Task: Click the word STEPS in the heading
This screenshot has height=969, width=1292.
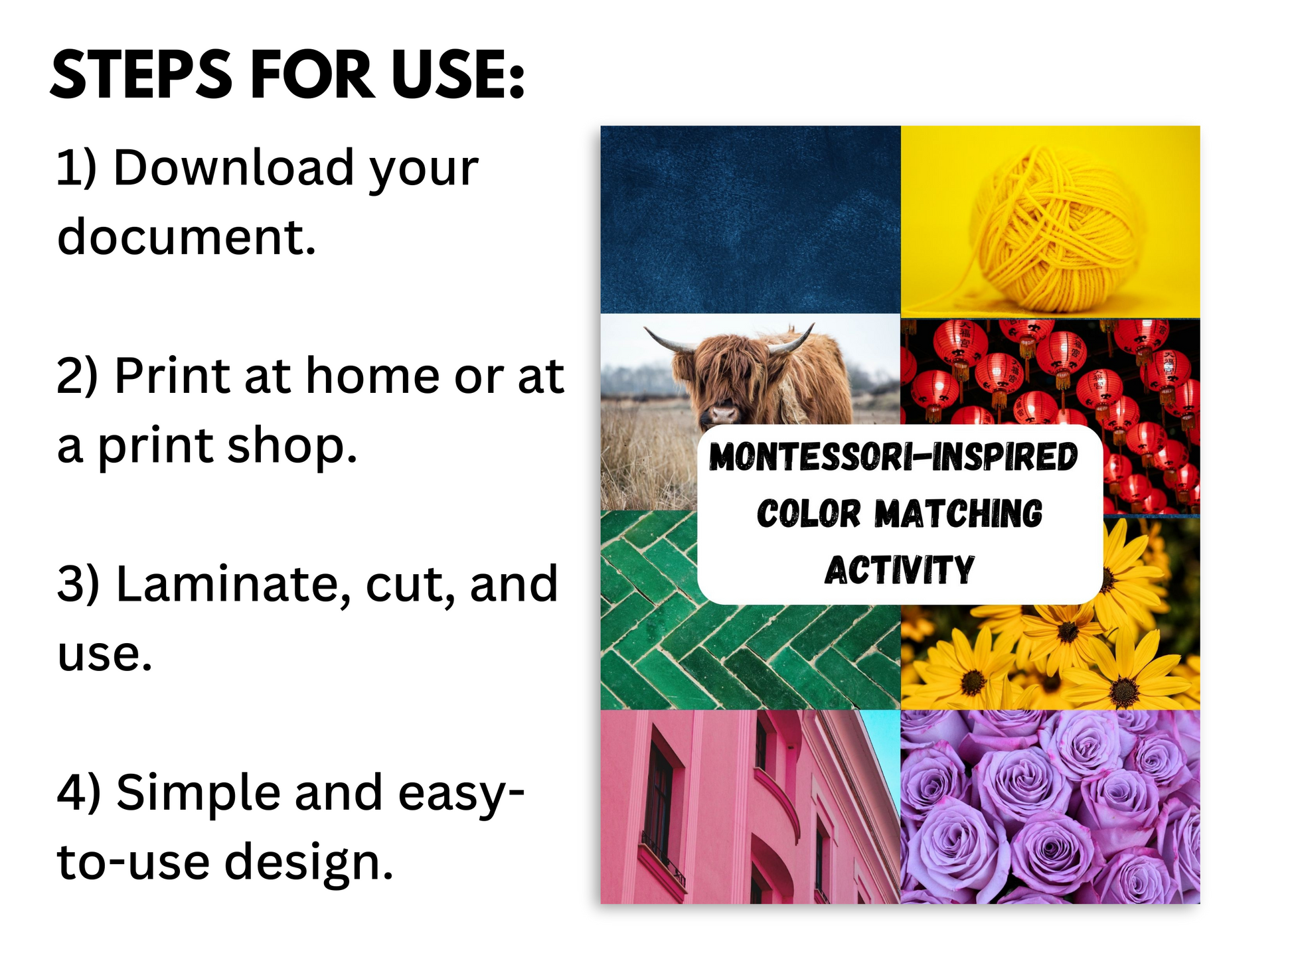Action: (141, 75)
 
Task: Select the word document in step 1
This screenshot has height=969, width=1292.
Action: (186, 236)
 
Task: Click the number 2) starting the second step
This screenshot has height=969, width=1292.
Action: (78, 376)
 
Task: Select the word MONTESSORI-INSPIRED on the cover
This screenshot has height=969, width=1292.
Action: (893, 457)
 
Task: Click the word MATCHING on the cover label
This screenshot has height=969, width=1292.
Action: (958, 514)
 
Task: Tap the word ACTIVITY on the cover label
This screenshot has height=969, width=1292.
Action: (900, 570)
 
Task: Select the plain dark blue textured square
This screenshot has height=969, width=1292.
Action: (750, 220)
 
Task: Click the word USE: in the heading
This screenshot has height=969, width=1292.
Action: (458, 75)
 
